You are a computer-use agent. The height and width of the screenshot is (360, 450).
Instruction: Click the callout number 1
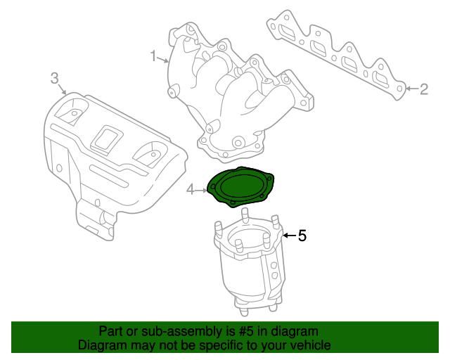(153, 54)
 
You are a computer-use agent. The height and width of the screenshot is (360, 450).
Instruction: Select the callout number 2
(423, 89)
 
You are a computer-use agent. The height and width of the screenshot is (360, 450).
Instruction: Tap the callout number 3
(54, 79)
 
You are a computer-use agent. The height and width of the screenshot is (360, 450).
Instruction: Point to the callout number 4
(190, 189)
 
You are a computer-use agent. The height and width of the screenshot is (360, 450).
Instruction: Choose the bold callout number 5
(302, 236)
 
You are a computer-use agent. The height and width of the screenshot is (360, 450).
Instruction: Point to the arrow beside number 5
(288, 236)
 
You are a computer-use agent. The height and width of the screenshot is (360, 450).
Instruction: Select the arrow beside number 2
(411, 89)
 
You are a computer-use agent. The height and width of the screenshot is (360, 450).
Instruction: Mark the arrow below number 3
(61, 90)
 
